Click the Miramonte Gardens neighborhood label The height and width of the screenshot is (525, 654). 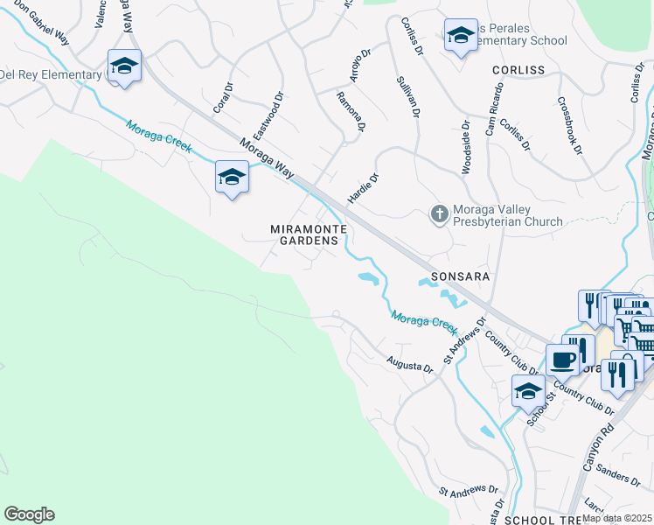[x=303, y=234]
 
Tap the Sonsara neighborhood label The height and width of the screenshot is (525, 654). [x=459, y=276]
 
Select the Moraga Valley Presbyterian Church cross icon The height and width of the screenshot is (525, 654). [x=440, y=213]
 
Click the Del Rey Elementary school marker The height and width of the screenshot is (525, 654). [x=124, y=66]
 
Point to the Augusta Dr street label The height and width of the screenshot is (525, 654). [x=409, y=363]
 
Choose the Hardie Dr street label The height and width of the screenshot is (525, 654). [x=363, y=189]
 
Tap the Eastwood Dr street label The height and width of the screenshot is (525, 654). [x=268, y=117]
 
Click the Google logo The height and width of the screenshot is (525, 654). [x=29, y=514]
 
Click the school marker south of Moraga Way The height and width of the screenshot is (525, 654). [x=231, y=178]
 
